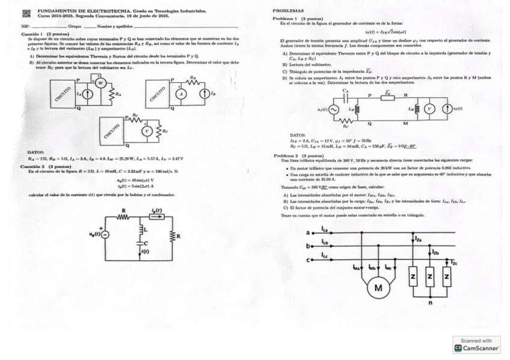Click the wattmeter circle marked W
tap(101, 84)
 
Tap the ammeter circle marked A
tap(179, 94)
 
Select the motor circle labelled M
tap(378, 288)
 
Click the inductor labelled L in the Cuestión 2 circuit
tap(140, 229)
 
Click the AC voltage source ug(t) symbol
tap(105, 234)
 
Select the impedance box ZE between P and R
tap(389, 99)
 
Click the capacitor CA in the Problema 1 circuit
tap(345, 98)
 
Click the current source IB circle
tap(204, 94)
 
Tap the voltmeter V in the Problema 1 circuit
tap(429, 109)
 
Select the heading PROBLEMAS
tap(288, 11)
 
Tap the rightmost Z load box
tap(446, 276)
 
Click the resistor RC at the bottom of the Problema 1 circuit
tap(346, 121)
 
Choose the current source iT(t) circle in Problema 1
tap(446, 109)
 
